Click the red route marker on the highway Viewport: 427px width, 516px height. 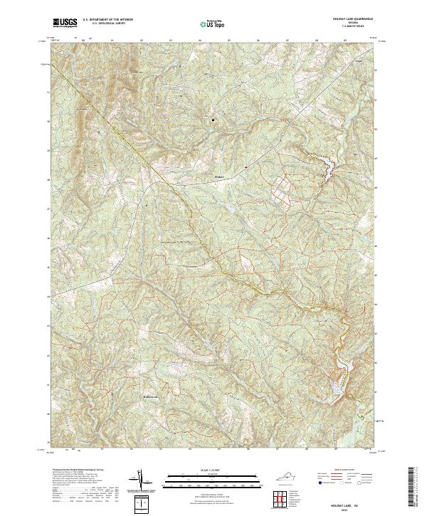(245, 167)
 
